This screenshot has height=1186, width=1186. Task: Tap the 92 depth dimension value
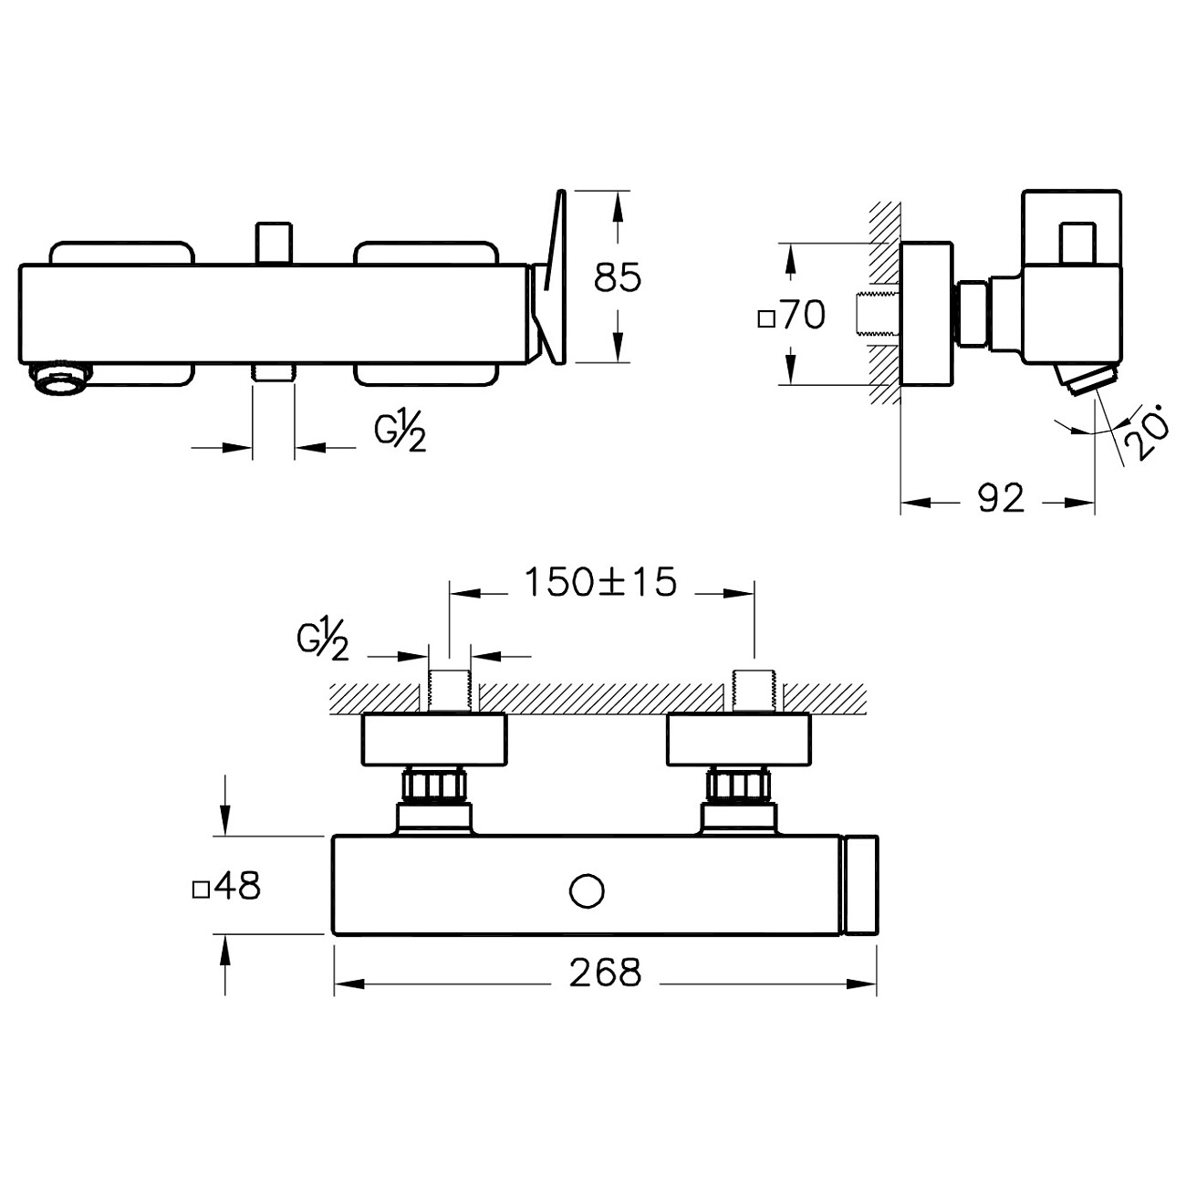tap(1001, 498)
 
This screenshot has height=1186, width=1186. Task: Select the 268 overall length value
tap(605, 973)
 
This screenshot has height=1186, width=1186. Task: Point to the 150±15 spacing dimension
tap(600, 582)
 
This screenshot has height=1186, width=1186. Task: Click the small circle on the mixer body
tap(587, 890)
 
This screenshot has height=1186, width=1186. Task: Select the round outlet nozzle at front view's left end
tap(61, 378)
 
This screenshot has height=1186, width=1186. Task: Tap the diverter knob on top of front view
tap(274, 243)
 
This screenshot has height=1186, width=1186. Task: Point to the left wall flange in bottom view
tap(434, 740)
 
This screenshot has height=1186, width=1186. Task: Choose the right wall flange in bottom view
tap(739, 740)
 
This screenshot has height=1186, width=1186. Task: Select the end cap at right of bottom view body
tap(859, 884)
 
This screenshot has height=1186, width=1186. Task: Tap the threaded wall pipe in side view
tap(879, 315)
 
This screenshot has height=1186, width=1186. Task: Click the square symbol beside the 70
tap(765, 319)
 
